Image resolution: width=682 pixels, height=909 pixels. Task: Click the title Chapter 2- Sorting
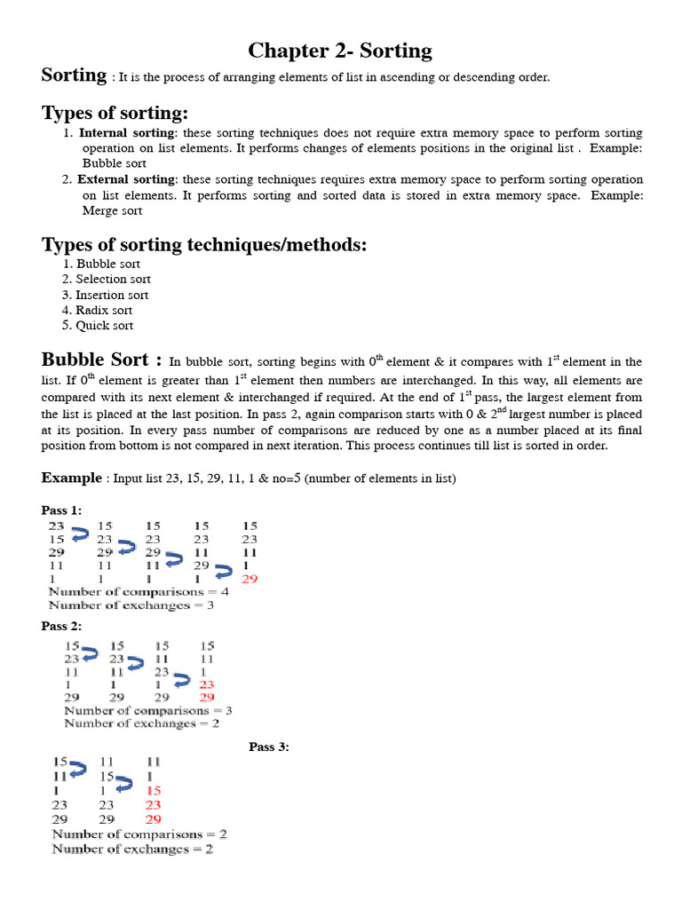(x=340, y=51)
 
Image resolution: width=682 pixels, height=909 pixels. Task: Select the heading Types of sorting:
(x=115, y=113)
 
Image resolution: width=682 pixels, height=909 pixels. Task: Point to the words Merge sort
(x=112, y=211)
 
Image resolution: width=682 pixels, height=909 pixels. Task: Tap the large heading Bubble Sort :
(x=101, y=360)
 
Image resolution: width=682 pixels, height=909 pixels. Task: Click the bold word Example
(x=72, y=478)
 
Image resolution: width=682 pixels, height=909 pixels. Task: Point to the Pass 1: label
(x=61, y=510)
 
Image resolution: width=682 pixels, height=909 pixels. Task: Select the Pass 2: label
(x=61, y=626)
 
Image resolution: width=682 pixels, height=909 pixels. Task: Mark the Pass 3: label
(x=269, y=747)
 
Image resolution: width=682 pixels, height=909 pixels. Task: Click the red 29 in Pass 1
(x=250, y=579)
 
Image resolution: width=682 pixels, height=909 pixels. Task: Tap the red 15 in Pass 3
(x=154, y=790)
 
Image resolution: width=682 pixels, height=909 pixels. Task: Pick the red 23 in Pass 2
(x=207, y=684)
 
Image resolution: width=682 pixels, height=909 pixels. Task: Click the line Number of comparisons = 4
(x=139, y=591)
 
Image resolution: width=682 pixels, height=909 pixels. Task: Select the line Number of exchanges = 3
(x=131, y=605)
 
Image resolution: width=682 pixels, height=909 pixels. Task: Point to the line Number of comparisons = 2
(x=139, y=834)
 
